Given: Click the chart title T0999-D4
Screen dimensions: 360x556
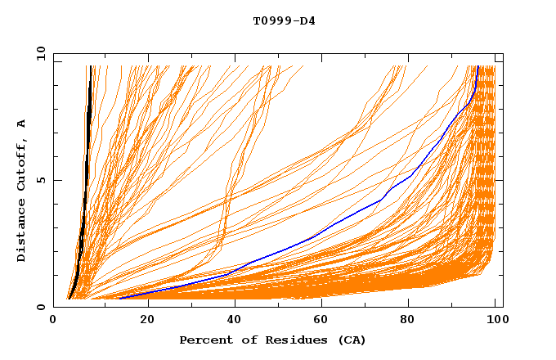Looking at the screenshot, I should point(284,20).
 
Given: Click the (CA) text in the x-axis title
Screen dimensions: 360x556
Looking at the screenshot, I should point(349,340).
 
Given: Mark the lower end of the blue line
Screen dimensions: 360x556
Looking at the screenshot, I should point(119,299).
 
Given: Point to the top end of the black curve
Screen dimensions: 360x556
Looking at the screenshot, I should point(88,66).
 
